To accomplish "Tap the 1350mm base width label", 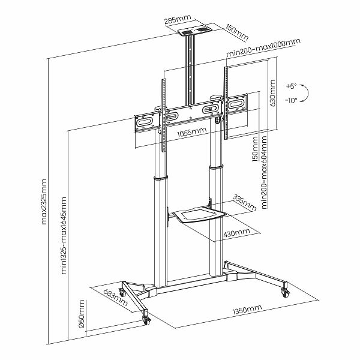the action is tap(247, 310).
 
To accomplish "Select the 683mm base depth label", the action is tap(115, 298).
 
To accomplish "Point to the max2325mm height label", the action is tap(44, 202).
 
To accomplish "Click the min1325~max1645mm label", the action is tap(64, 235).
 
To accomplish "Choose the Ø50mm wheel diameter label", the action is tap(82, 314).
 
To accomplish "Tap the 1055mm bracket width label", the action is tap(192, 132).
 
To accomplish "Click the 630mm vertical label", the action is tap(272, 93).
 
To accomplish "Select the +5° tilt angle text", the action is tap(292, 86).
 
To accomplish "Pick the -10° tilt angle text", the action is tap(291, 100).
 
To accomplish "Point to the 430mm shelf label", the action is tap(236, 233).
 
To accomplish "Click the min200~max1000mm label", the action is tap(263, 48).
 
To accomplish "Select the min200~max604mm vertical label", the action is tap(265, 172).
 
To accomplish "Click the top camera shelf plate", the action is tap(194, 31).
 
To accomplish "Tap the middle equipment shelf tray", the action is tap(199, 214).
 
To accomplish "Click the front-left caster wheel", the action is tap(146, 320).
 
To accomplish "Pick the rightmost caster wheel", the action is tap(286, 293).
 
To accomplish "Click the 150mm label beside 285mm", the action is tap(237, 32).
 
